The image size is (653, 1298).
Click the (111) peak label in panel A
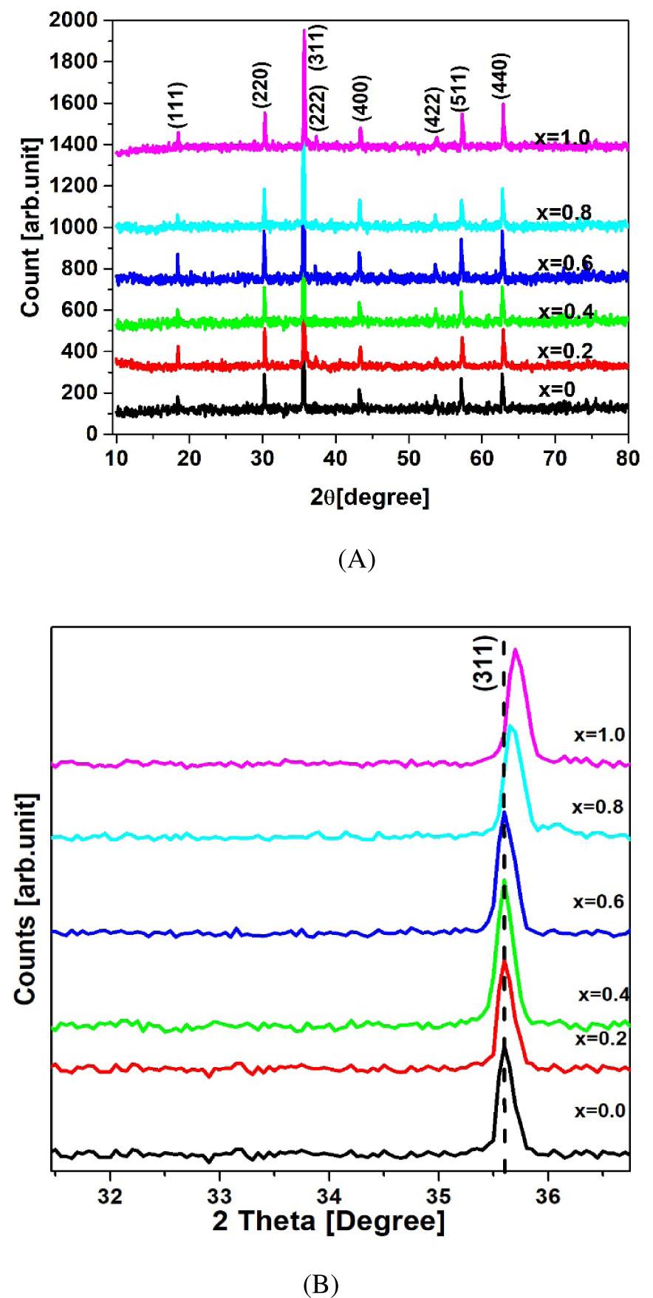pos(178,104)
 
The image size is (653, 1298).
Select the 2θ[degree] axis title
pos(370,498)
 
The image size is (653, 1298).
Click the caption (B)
pos(321,1284)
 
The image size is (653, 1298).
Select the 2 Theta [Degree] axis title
pos(329,1222)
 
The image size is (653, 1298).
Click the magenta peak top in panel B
pos(516,649)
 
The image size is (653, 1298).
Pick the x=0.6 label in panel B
pos(598,902)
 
